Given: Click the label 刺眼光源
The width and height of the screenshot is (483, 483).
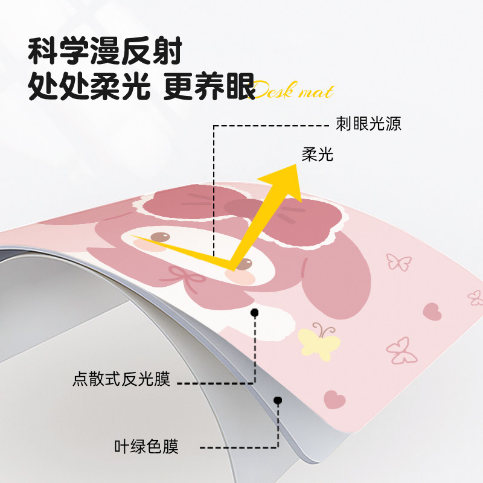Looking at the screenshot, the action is pyautogui.click(x=369, y=125).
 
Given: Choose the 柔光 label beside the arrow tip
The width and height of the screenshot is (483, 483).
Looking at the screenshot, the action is pyautogui.click(x=318, y=155).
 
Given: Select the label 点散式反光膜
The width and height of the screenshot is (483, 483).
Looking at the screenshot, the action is pyautogui.click(x=121, y=380).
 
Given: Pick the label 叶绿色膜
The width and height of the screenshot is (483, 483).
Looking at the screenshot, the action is pyautogui.click(x=147, y=447).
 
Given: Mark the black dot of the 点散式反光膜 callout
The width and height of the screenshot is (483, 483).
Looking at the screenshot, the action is pyautogui.click(x=254, y=313).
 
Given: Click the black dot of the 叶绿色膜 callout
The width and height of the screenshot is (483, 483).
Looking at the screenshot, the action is pyautogui.click(x=278, y=400).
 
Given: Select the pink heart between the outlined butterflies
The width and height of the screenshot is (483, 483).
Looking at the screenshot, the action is pyautogui.click(x=432, y=311).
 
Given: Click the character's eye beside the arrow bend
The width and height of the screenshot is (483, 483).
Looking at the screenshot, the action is pyautogui.click(x=244, y=263).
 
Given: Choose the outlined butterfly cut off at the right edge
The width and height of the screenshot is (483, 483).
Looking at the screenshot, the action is pyautogui.click(x=476, y=296).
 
